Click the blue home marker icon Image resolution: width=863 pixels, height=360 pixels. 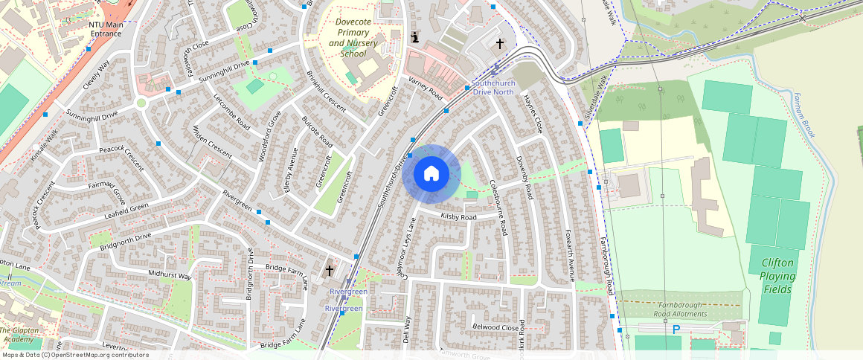click(x=431, y=174)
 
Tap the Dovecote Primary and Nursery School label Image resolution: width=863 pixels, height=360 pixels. click(x=353, y=38)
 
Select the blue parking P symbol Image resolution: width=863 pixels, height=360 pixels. click(x=676, y=329)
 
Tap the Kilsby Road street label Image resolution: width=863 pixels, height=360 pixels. click(x=458, y=217)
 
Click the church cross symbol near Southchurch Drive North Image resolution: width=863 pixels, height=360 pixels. click(x=500, y=44)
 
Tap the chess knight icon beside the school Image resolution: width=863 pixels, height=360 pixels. click(x=415, y=37)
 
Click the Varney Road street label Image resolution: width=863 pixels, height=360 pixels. click(x=424, y=89)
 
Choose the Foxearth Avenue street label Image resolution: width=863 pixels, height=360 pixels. click(x=570, y=255)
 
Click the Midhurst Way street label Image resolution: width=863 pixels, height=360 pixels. click(x=170, y=275)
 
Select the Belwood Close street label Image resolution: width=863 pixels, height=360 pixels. click(x=495, y=327)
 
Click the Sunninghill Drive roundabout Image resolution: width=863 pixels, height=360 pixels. click(x=141, y=103)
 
